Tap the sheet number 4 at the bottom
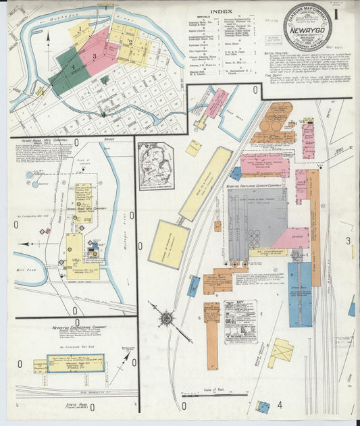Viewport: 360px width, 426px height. [279, 404]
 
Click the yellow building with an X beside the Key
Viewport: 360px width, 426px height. [280, 352]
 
